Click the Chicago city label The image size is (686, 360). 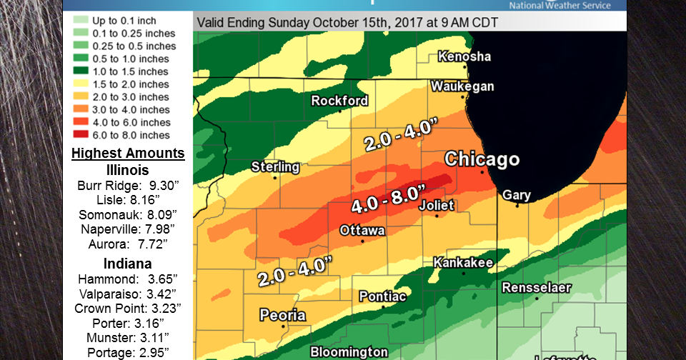pyautogui.click(x=482, y=159)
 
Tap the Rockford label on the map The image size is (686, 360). pyautogui.click(x=339, y=101)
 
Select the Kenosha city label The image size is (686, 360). pyautogui.click(x=464, y=56)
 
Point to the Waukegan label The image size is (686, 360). pyautogui.click(x=462, y=86)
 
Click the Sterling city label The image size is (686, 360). pyautogui.click(x=275, y=167)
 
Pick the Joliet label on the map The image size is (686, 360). pyautogui.click(x=435, y=205)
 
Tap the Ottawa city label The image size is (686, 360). pyautogui.click(x=362, y=231)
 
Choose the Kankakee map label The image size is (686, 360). pyautogui.click(x=463, y=263)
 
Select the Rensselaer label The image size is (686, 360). pyautogui.click(x=536, y=288)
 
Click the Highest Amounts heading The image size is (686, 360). pyautogui.click(x=128, y=154)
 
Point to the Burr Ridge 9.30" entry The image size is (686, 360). pyautogui.click(x=128, y=186)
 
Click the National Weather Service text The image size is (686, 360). pyautogui.click(x=560, y=6)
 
